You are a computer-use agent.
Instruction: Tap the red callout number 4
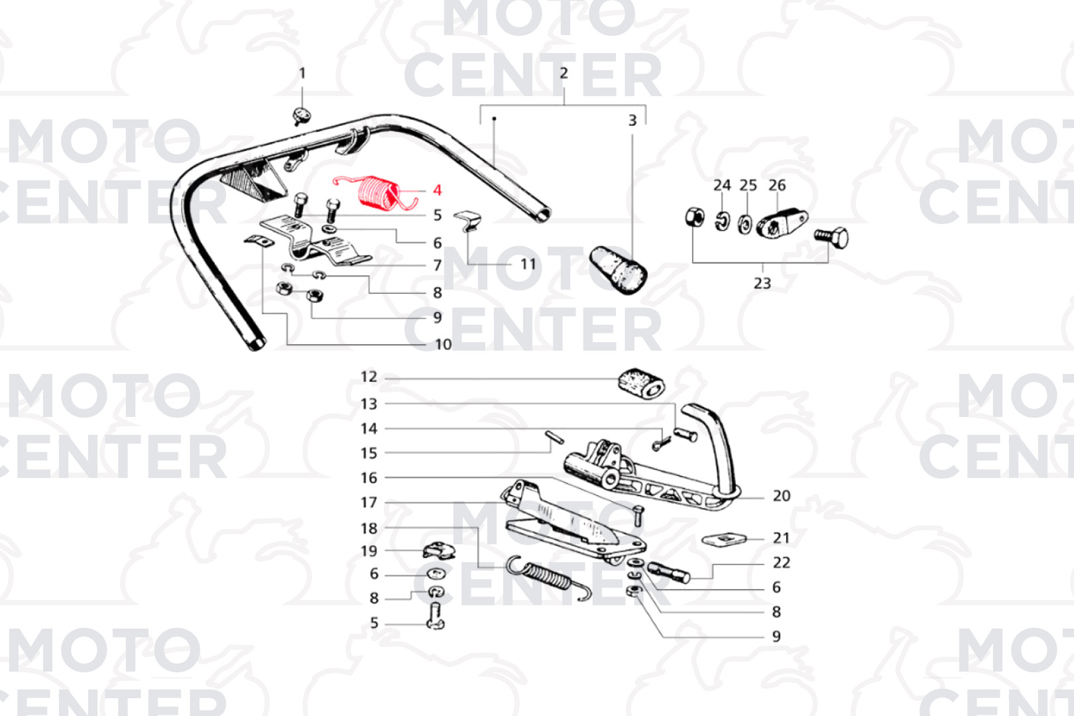437,190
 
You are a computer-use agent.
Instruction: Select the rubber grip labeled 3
618,270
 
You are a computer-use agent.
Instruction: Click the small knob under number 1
302,115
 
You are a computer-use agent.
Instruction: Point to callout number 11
528,265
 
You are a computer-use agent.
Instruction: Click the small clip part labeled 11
467,221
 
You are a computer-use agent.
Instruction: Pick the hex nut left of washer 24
694,217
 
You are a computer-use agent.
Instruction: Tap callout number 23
762,283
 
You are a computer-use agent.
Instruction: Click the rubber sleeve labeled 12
640,384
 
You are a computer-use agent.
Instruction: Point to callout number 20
782,495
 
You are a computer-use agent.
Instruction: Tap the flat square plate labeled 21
725,540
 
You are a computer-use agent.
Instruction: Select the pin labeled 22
669,573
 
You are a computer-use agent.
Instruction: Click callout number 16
369,477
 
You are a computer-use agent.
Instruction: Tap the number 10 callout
443,344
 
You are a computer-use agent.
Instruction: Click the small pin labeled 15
555,438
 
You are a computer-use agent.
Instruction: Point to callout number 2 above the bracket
564,73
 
